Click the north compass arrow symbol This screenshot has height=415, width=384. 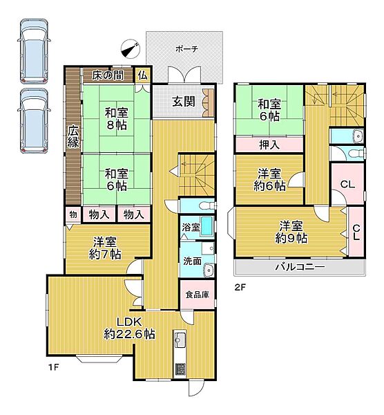tap(130, 48)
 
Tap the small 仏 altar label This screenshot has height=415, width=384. tap(143, 75)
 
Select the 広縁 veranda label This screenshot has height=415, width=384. tap(74, 136)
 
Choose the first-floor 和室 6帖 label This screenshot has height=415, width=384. tap(116, 179)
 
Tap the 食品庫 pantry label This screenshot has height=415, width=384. tap(196, 293)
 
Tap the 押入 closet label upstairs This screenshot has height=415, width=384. tap(269, 145)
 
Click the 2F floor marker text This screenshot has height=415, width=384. tap(240, 286)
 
